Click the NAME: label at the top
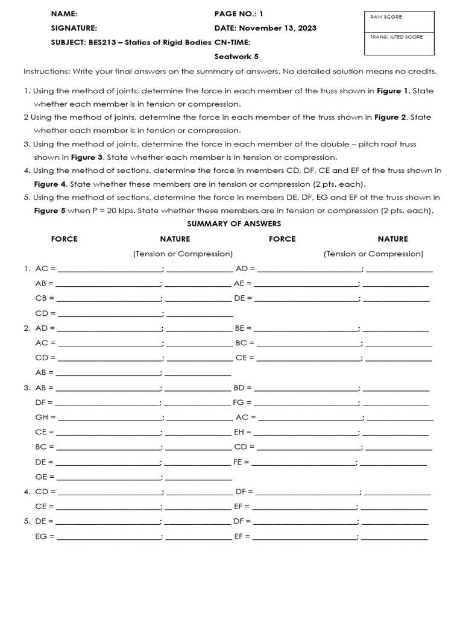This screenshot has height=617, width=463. (64, 13)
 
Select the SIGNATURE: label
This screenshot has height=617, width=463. (74, 28)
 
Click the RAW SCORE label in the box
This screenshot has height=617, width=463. (386, 17)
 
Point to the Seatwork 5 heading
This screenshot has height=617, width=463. (236, 57)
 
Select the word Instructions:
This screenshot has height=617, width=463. (47, 72)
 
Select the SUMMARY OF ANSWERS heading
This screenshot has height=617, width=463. (234, 224)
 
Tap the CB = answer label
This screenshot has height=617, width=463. (45, 298)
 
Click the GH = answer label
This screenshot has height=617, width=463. (45, 417)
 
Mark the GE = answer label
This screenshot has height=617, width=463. (45, 476)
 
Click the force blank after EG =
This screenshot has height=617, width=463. (108, 536)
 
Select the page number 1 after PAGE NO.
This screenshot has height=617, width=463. (261, 13)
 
